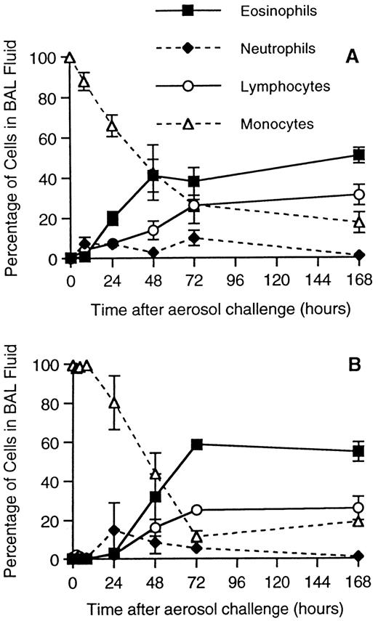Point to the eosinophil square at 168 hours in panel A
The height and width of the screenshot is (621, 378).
click(358, 155)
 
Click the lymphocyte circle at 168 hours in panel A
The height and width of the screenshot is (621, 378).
click(358, 195)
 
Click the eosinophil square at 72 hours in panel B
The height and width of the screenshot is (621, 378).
click(196, 444)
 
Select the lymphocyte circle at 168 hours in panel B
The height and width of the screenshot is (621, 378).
click(358, 508)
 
